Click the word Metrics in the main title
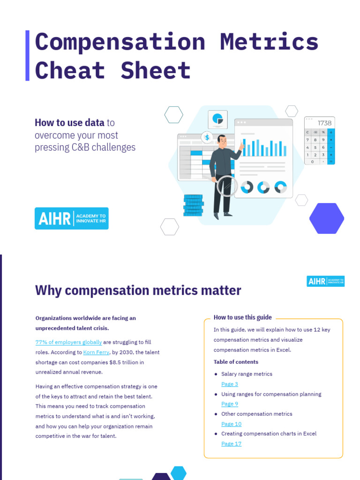[x=269, y=42]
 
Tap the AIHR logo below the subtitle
[x=71, y=218]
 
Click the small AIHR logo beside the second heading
[x=325, y=281]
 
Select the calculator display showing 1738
[x=319, y=123]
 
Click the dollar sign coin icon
[x=207, y=137]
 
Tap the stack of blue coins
[x=193, y=205]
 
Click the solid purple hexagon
[x=326, y=218]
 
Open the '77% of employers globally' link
[x=68, y=342]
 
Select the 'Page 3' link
[x=230, y=384]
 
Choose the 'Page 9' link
[x=230, y=404]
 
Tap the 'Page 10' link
[x=231, y=424]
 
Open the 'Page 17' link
[x=231, y=443]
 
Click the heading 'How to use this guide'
[x=242, y=317]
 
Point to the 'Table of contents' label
[x=236, y=362]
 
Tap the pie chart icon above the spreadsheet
[x=217, y=119]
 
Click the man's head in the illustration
[x=221, y=140]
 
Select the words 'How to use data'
[x=69, y=123]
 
